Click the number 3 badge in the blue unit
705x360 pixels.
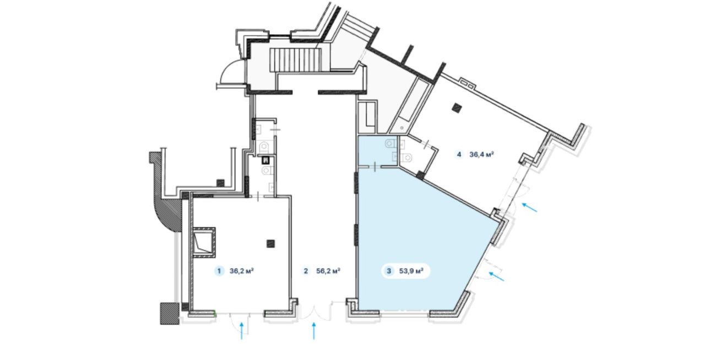pyautogui.click(x=389, y=271)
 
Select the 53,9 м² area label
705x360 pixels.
pyautogui.click(x=411, y=271)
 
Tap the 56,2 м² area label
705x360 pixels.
pyautogui.click(x=328, y=271)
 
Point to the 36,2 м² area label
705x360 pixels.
pyautogui.click(x=242, y=271)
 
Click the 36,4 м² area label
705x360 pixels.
pyautogui.click(x=481, y=155)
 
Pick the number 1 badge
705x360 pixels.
pyautogui.click(x=219, y=271)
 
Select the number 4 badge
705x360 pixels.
pyautogui.click(x=459, y=155)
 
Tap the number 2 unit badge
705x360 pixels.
pyautogui.click(x=306, y=271)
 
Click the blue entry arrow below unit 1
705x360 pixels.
pyautogui.click(x=242, y=330)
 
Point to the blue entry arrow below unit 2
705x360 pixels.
pyautogui.click(x=314, y=330)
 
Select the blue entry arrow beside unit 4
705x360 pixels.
pyautogui.click(x=530, y=208)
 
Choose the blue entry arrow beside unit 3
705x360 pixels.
pyautogui.click(x=496, y=277)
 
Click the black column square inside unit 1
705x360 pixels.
pyautogui.click(x=270, y=243)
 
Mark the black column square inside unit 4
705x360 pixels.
pyautogui.click(x=457, y=108)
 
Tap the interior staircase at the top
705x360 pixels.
pyautogui.click(x=295, y=60)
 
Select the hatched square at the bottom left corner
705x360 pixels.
pyautogui.click(x=170, y=313)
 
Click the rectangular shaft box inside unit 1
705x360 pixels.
pyautogui.click(x=204, y=242)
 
